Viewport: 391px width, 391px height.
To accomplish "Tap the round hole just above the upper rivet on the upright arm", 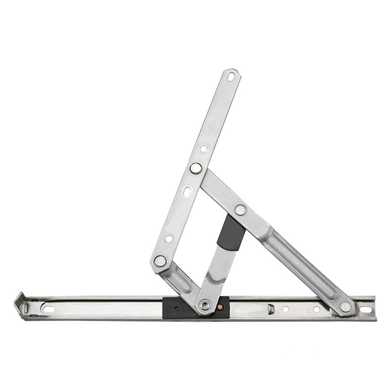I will tap(203, 149).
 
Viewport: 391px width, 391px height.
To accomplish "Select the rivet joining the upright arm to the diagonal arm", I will tap(196, 168).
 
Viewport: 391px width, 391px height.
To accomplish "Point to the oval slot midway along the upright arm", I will tap(187, 192).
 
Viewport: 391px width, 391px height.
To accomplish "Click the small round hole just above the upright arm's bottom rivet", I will tap(169, 238).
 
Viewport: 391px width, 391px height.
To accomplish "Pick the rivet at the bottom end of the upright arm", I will tap(160, 261).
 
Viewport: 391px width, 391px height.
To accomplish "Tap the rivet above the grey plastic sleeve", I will tap(240, 210).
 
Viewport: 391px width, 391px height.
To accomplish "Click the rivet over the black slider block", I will tap(205, 306).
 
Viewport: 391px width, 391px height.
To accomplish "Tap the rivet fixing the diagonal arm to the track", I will tap(345, 307).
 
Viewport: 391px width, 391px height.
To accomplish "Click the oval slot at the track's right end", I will tap(365, 310).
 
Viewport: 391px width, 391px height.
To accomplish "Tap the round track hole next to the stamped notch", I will tap(286, 309).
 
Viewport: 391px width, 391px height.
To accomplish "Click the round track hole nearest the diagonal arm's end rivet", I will tap(316, 309).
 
